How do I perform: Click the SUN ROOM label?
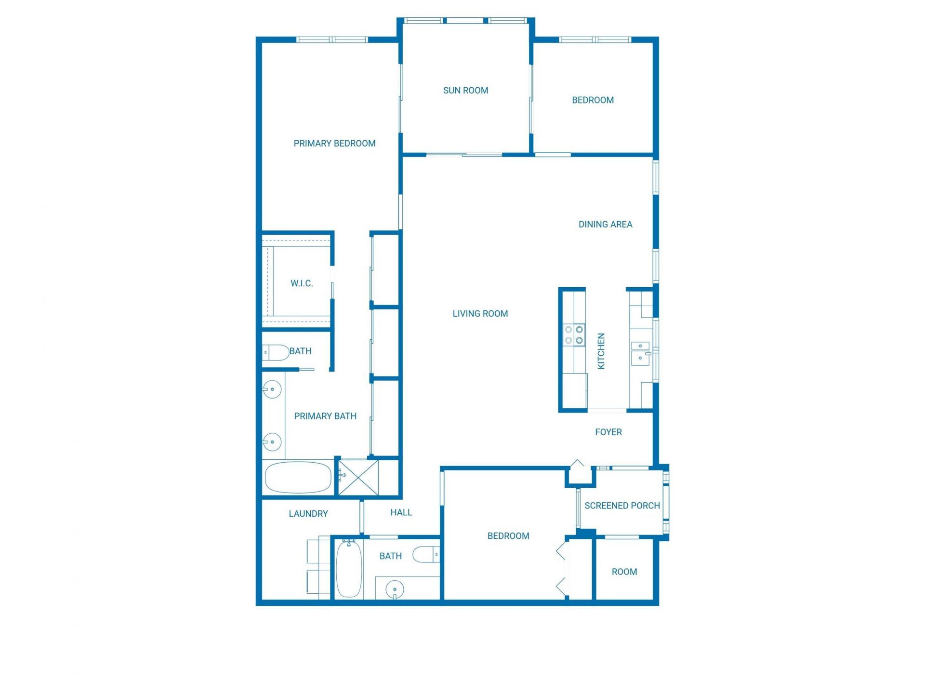pyautogui.click(x=465, y=90)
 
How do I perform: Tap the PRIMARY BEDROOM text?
pyautogui.click(x=334, y=143)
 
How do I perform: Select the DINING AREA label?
pyautogui.click(x=605, y=224)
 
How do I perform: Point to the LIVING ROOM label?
pyautogui.click(x=480, y=314)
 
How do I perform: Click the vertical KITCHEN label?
pyautogui.click(x=601, y=351)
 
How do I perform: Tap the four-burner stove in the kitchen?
pyautogui.click(x=574, y=335)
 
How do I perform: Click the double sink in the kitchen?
pyautogui.click(x=641, y=351)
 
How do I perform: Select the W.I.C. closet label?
pyautogui.click(x=302, y=283)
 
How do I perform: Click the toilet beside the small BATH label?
pyautogui.click(x=276, y=352)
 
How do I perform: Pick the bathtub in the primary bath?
pyautogui.click(x=298, y=477)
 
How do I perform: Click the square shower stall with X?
pyautogui.click(x=358, y=477)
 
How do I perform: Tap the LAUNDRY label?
pyautogui.click(x=308, y=514)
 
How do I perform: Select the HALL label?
pyautogui.click(x=401, y=512)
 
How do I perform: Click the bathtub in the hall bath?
pyautogui.click(x=349, y=569)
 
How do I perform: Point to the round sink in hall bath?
pyautogui.click(x=395, y=589)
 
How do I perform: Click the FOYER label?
pyautogui.click(x=608, y=432)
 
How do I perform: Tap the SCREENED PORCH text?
pyautogui.click(x=622, y=506)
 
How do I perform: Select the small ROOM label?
pyautogui.click(x=624, y=572)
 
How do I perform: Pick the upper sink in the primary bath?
pyautogui.click(x=272, y=389)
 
